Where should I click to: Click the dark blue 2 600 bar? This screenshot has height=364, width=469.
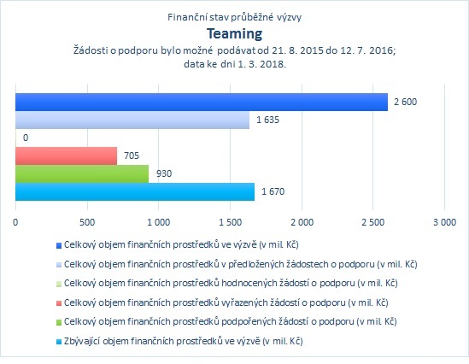(x=202, y=102)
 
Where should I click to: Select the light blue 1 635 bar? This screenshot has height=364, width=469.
(x=132, y=120)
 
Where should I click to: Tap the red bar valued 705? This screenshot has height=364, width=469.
(x=66, y=156)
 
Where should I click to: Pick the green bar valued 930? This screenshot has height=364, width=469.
(x=82, y=173)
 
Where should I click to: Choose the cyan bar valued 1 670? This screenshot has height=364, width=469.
(x=135, y=191)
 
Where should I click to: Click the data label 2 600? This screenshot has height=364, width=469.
(x=405, y=102)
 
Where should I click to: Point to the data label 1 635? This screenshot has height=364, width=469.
(x=267, y=120)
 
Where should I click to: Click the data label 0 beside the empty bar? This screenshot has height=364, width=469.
(x=26, y=138)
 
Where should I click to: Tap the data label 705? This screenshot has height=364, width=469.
(x=132, y=156)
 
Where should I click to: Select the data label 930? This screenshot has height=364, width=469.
(x=164, y=173)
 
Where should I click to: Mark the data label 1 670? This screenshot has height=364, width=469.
(x=273, y=191)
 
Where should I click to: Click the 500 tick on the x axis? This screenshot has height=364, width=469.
(x=87, y=222)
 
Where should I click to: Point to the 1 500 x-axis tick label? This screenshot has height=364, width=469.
(x=231, y=222)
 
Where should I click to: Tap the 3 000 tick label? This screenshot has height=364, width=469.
(x=445, y=222)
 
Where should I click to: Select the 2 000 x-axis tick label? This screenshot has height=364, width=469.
(x=302, y=222)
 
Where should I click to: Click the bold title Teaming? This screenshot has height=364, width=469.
(x=234, y=34)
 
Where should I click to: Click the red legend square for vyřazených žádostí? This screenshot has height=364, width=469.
(x=59, y=303)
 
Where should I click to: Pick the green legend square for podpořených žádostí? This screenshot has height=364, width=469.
(x=59, y=322)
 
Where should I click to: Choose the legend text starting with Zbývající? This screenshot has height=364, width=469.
(x=184, y=341)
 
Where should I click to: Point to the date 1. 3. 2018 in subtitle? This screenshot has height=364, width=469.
(x=261, y=64)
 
